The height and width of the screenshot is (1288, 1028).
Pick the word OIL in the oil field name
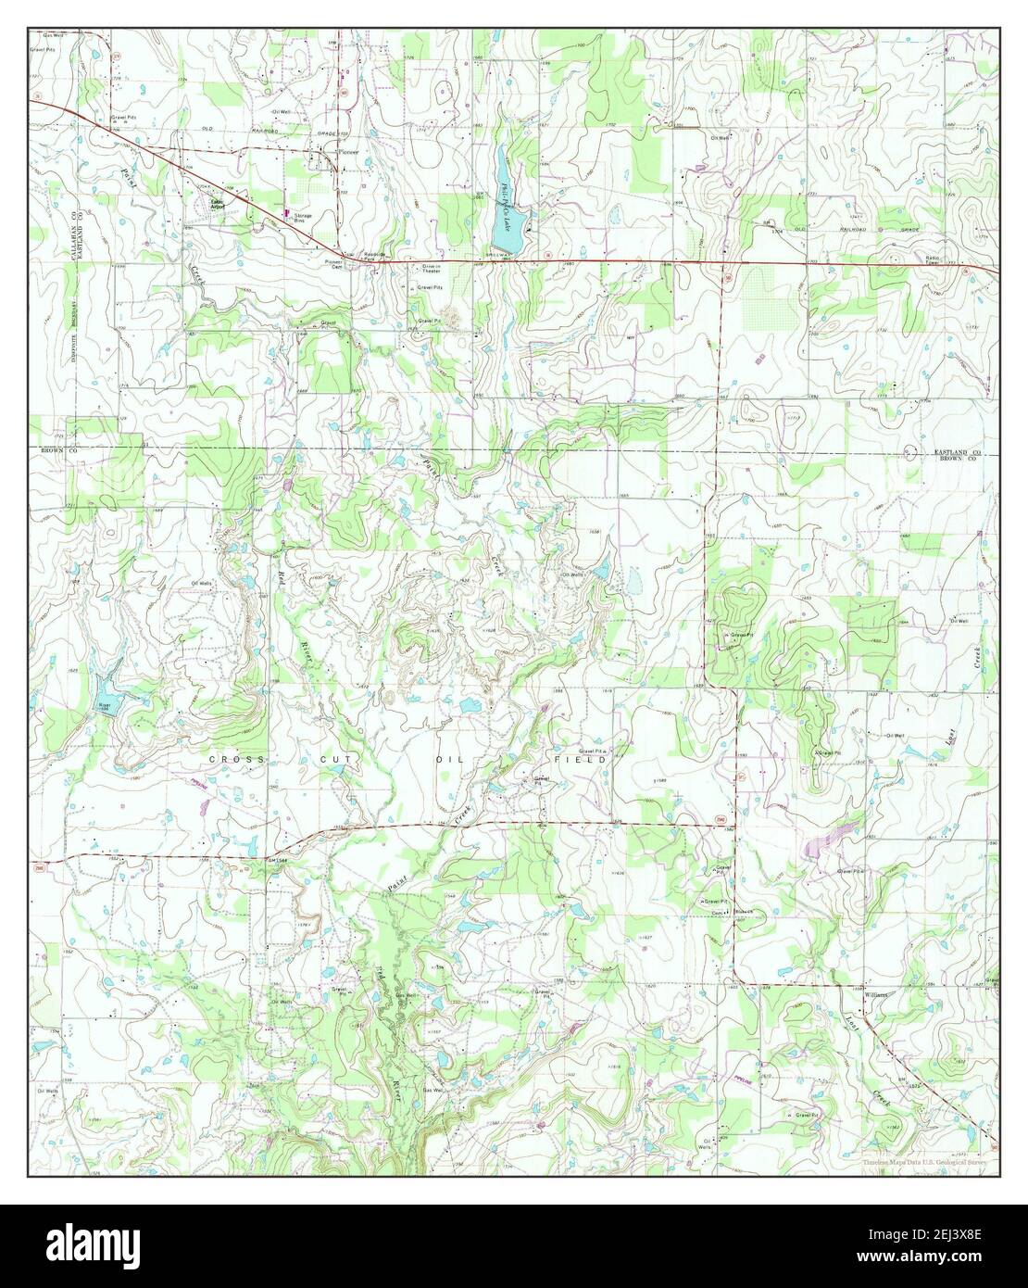click(445, 759)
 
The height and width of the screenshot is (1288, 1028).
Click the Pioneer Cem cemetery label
click(333, 262)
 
